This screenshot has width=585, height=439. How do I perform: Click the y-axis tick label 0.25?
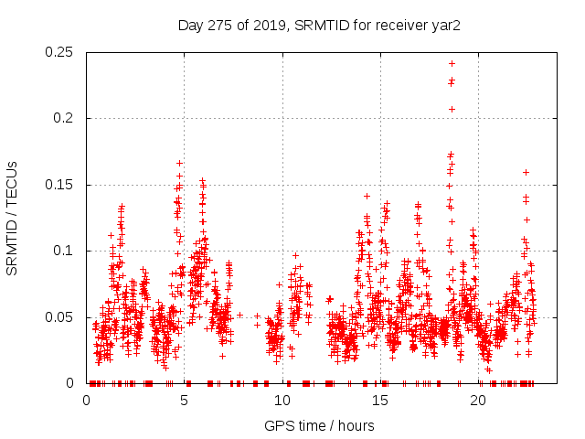[x=60, y=52]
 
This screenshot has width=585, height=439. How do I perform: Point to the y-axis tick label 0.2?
[x=66, y=119]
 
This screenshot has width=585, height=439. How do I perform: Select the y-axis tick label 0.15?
[x=60, y=185]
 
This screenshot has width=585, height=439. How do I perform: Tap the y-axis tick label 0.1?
[x=66, y=251]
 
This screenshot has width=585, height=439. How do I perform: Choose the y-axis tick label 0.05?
[x=60, y=317]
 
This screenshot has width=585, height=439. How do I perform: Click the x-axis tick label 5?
[x=185, y=401]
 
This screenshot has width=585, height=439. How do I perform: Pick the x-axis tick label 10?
[x=282, y=401]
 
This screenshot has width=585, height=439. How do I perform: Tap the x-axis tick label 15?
[x=380, y=401]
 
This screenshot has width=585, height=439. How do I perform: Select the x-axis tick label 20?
[x=478, y=401]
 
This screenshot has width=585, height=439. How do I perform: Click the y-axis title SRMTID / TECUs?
[x=13, y=218]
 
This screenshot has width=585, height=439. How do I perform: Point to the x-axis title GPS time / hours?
[x=319, y=425]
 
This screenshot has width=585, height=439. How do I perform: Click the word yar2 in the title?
[x=445, y=25]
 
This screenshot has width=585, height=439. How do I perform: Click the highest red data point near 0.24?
[x=452, y=63]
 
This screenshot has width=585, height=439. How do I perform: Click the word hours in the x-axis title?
[x=356, y=425]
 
